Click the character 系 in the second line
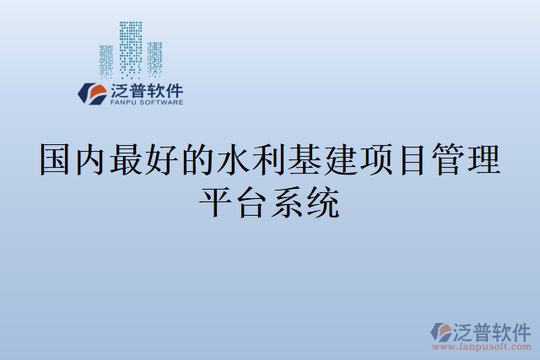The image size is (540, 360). tap(288, 202)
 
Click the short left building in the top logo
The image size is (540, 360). tap(105, 61)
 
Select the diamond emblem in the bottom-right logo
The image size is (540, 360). tap(440, 331)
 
